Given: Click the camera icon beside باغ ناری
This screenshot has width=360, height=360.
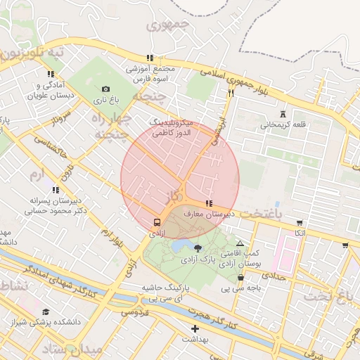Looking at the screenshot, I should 105,89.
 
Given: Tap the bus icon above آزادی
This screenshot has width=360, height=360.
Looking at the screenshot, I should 156,222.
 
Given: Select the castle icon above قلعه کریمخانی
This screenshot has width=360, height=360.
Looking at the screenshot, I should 283,114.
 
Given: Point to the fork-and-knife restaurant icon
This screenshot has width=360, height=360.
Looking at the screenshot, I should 230,92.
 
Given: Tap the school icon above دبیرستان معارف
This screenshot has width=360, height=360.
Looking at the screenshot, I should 209,203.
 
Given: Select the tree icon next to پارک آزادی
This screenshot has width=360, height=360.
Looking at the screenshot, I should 197,247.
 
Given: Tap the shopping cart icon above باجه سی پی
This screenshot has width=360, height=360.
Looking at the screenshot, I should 241,278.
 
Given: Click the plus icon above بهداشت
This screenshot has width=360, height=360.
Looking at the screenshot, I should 195,328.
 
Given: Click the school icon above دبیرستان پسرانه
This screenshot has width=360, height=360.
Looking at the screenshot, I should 55,190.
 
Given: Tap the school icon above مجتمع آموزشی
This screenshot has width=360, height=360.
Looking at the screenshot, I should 149,58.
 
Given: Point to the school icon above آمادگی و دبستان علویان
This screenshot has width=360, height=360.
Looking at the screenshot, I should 51,74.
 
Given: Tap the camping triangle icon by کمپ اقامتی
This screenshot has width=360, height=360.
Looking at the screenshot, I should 240,243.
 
